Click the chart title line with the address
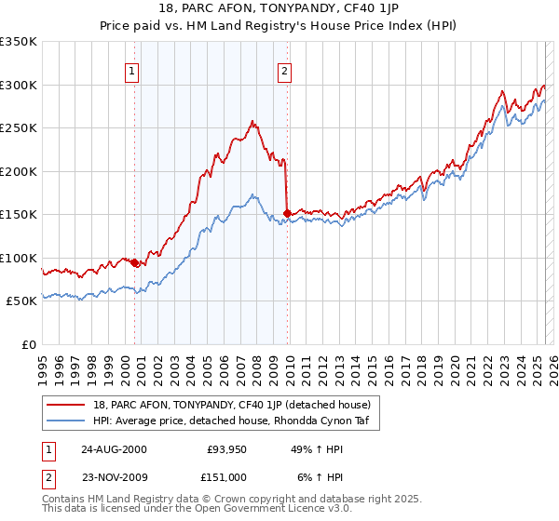click(x=279, y=9)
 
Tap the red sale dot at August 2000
click(x=135, y=263)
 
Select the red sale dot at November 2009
click(x=287, y=214)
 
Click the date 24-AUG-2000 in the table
click(x=114, y=449)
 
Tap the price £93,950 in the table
click(x=226, y=449)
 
